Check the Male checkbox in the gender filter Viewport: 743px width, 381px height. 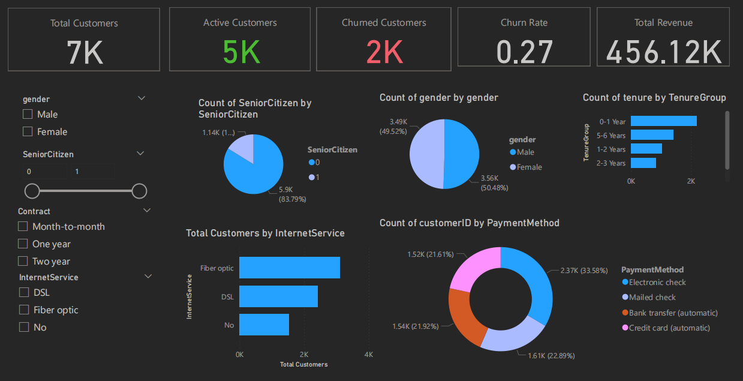[28, 114]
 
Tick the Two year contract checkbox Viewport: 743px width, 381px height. [23, 261]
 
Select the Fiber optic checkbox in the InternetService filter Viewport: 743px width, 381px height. [24, 310]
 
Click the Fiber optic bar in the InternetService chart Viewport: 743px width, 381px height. [289, 268]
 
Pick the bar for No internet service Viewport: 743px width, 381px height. [264, 325]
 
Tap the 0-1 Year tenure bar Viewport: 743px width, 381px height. [663, 121]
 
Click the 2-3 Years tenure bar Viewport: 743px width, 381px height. [643, 163]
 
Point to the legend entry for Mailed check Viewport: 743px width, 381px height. [652, 298]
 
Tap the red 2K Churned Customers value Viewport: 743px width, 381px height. [384, 53]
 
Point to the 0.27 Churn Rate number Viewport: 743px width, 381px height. [524, 53]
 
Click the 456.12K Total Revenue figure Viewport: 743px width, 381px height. [663, 53]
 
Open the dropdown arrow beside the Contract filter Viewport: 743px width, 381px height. [147, 211]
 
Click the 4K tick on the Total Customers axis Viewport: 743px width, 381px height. [368, 355]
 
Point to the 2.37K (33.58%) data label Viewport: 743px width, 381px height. [583, 271]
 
